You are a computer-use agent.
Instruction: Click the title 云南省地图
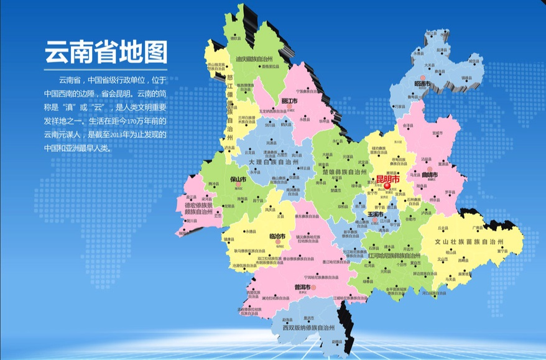pyautogui.click(x=106, y=53)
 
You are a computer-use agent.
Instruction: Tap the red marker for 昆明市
pyautogui.click(x=387, y=185)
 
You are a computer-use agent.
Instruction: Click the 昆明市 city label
pyautogui.click(x=387, y=178)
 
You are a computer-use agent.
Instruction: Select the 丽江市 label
pyautogui.click(x=289, y=101)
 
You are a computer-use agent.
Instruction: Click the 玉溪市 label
pyautogui.click(x=375, y=213)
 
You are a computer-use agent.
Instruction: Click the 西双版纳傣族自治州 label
pyautogui.click(x=308, y=327)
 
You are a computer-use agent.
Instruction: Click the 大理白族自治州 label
pyautogui.click(x=275, y=161)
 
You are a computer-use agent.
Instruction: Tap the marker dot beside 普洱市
pyautogui.click(x=313, y=288)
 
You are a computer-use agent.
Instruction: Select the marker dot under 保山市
pyautogui.click(x=238, y=185)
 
